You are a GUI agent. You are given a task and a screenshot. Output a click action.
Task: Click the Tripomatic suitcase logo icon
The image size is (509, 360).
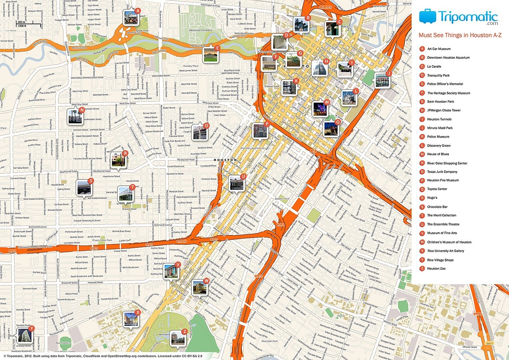427,17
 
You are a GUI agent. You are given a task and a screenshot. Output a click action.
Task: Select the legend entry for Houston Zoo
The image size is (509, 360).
436,269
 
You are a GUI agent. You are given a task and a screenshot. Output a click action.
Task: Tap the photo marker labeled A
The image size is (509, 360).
131,18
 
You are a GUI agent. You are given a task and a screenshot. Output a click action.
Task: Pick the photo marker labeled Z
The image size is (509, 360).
178,338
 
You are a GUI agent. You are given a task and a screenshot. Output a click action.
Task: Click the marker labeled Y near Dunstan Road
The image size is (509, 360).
24,335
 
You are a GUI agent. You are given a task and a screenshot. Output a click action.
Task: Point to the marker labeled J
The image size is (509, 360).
382,80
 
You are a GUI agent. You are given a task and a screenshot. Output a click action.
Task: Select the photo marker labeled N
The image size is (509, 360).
75,117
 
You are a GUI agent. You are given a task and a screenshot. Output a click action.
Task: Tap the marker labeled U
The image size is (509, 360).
236,183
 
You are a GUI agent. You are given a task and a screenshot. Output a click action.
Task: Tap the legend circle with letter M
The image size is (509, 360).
422,154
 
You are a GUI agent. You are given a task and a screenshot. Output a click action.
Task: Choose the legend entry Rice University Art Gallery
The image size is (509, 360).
445,251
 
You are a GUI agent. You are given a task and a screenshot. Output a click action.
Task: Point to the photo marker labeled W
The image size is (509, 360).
199,288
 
